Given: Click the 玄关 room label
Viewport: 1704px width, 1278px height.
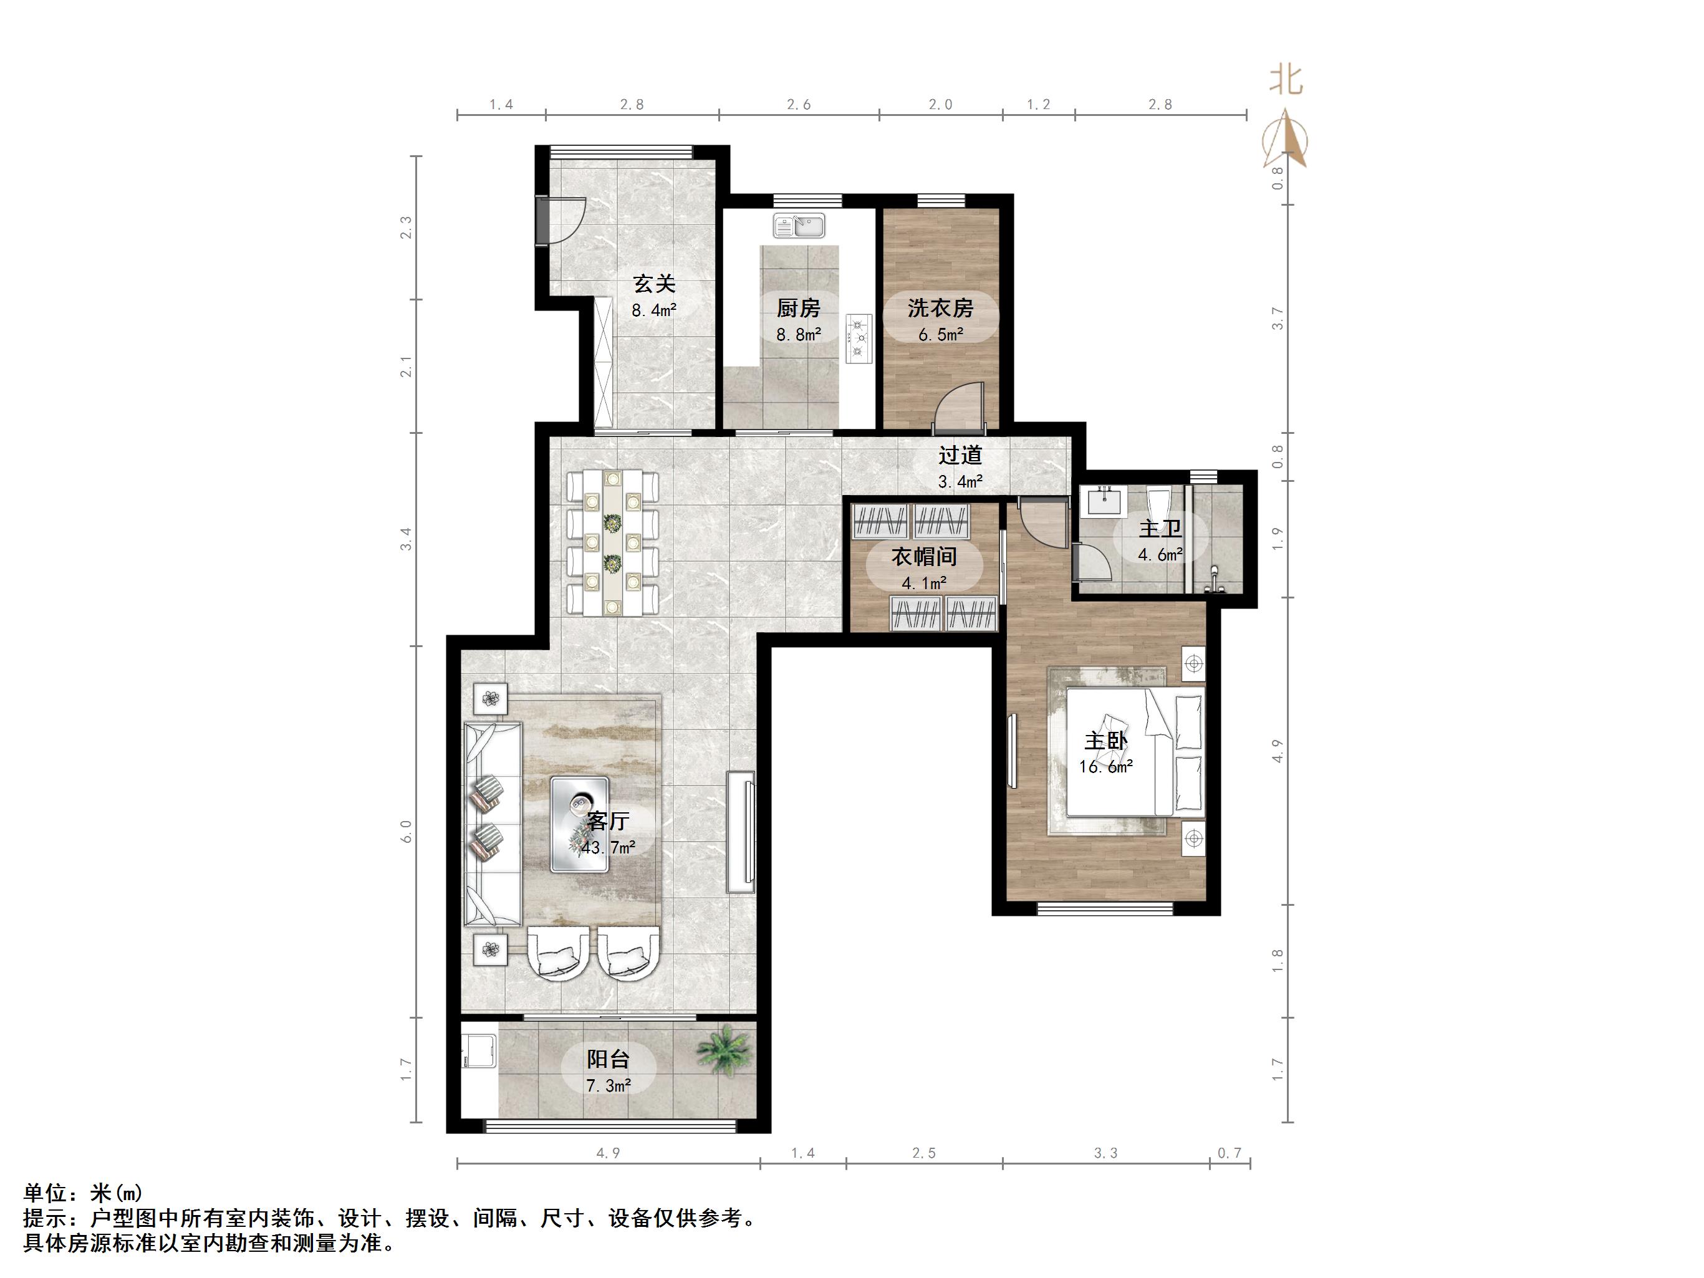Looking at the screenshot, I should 654,284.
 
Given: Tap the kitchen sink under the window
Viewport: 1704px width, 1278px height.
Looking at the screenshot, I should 799,226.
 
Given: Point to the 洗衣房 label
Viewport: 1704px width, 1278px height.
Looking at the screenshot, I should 940,308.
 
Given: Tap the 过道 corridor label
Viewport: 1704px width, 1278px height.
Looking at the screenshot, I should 960,455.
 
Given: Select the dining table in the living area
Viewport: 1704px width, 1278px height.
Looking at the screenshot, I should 612,543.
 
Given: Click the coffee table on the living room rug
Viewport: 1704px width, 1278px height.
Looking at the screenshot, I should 579,824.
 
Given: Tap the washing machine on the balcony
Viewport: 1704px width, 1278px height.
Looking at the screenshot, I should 479,1052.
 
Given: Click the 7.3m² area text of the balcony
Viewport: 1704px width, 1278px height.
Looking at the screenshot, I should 609,1086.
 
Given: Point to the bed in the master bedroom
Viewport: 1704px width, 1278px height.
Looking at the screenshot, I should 1132,751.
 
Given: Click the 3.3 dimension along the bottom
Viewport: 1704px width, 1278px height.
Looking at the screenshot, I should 1105,1153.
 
